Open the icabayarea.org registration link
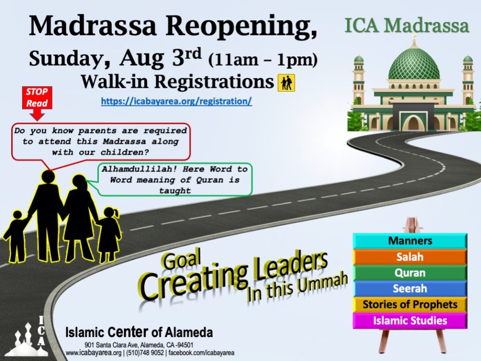177,101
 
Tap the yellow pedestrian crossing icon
286,83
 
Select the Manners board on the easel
410,241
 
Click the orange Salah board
410,257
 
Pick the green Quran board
410,273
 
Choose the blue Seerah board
410,289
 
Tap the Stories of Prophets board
410,305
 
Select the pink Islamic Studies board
410,321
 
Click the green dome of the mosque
414,64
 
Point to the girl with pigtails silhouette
109,233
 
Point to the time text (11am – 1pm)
263,60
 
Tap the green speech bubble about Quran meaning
175,180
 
